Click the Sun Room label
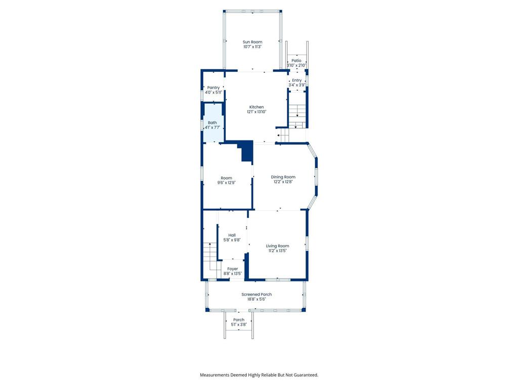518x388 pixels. click(x=252, y=42)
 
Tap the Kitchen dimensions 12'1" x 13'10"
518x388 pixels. click(x=256, y=112)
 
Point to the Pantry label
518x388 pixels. click(x=213, y=87)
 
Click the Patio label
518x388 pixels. click(x=296, y=61)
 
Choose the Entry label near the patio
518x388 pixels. click(x=296, y=80)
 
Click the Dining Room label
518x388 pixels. click(x=283, y=177)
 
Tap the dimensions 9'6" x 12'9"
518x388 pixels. click(x=226, y=183)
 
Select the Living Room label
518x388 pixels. click(x=278, y=246)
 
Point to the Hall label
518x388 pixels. click(x=232, y=235)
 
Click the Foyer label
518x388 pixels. click(x=232, y=269)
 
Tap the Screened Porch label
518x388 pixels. click(x=256, y=294)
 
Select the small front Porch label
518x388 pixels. click(x=239, y=320)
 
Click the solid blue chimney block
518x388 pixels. click(x=247, y=152)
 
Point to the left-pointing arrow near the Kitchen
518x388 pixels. click(x=279, y=135)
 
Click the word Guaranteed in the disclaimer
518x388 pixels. click(x=305, y=375)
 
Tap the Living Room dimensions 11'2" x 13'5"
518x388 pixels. click(x=278, y=251)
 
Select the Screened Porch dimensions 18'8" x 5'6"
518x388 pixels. click(x=256, y=299)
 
